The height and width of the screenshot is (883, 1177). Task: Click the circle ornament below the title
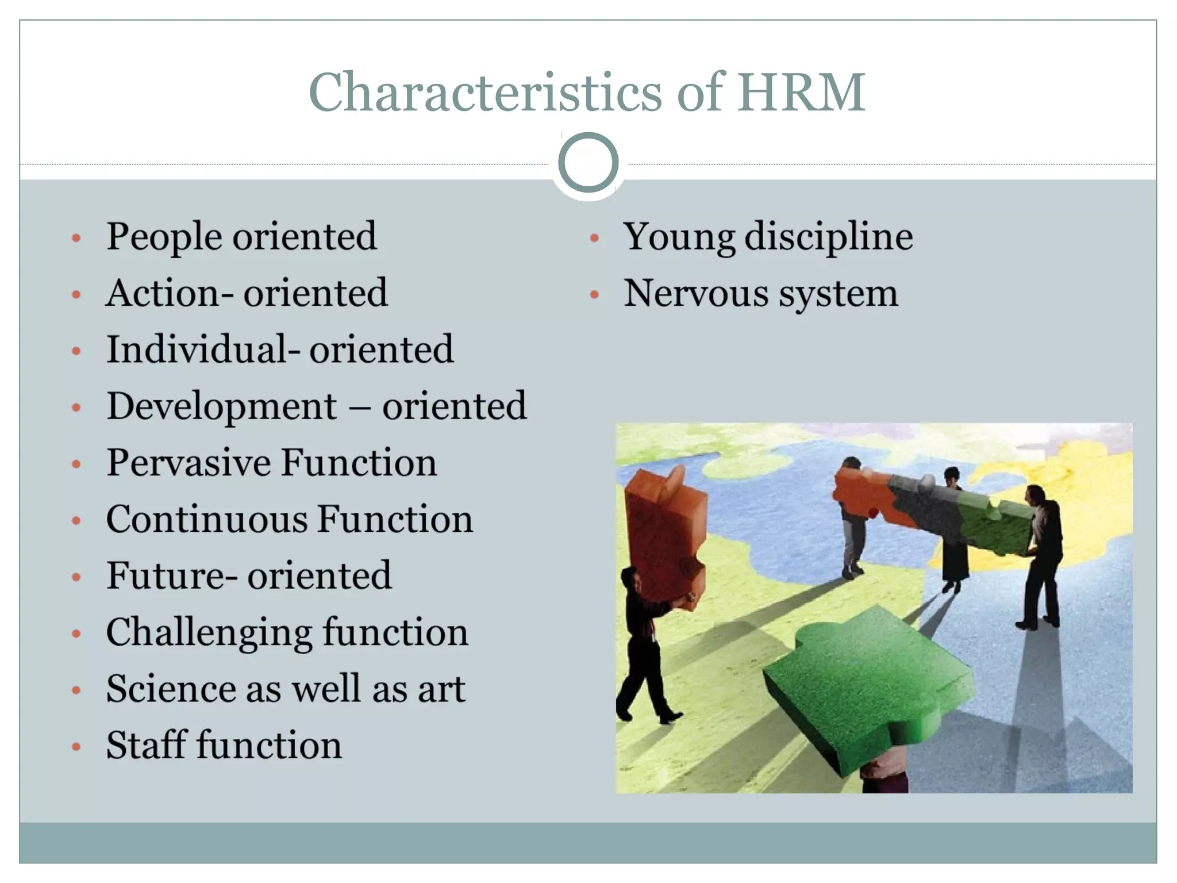(588, 163)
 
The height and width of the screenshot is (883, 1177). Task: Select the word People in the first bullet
(164, 237)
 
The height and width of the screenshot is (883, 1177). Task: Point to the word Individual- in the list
(202, 350)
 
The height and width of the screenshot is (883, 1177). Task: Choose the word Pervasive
(189, 463)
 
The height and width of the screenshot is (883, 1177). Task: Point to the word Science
(171, 688)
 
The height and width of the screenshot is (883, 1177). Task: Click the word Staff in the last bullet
(147, 745)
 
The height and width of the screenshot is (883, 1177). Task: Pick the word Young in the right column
(679, 237)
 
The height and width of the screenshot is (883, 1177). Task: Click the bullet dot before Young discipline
(595, 239)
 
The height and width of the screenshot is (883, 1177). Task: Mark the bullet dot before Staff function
(76, 747)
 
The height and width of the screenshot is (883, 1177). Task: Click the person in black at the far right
(1043, 558)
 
